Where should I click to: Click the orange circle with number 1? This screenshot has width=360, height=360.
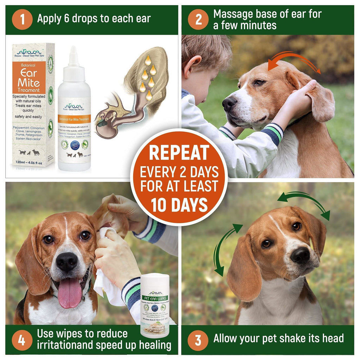coord(22,19)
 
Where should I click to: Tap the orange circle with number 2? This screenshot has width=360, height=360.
coord(198,19)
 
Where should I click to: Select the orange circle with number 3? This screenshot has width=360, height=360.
coord(198,339)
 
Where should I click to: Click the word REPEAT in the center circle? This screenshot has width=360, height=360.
coord(179,152)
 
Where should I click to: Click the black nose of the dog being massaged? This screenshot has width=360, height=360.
coord(229,103)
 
